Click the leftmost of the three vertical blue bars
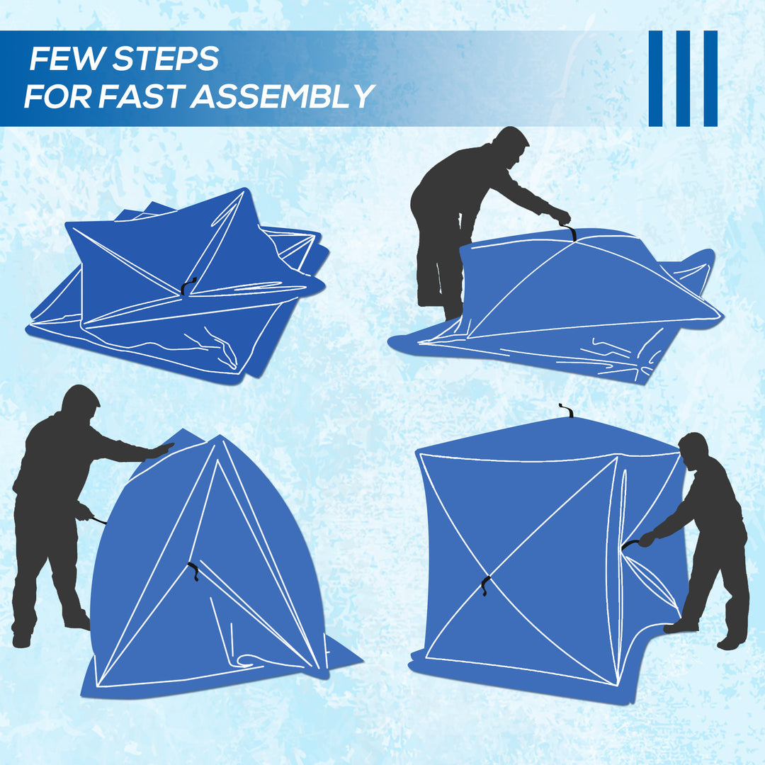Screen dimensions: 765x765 click(655, 79)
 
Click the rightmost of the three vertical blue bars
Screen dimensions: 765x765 click(710, 79)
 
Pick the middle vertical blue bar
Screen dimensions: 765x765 click(683, 79)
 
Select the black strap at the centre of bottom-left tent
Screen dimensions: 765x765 click(193, 571)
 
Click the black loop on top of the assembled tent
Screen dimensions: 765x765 click(565, 410)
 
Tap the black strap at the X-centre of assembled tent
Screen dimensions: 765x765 click(485, 585)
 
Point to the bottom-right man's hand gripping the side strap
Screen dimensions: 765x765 click(645, 539)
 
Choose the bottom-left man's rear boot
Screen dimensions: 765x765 click(21, 637)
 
